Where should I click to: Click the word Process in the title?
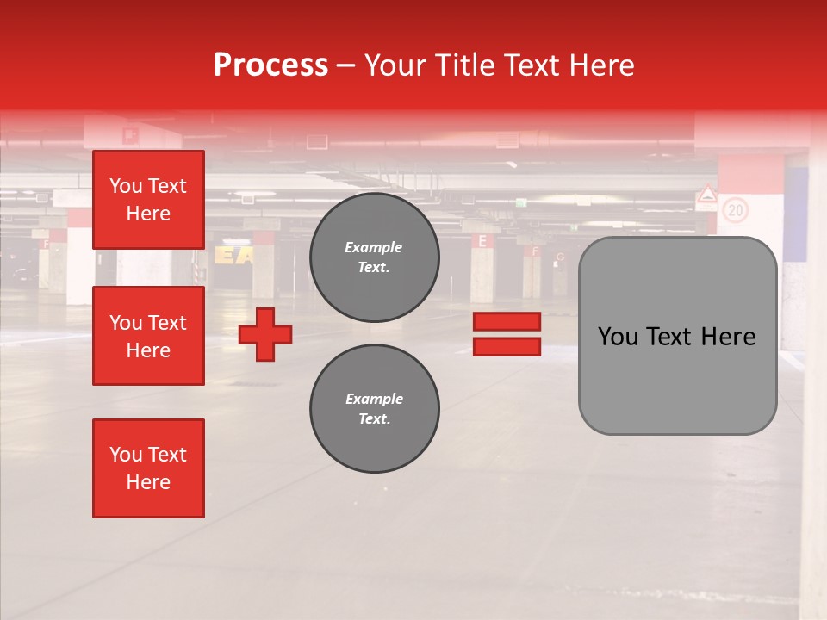click(270, 65)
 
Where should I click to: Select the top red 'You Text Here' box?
click(148, 200)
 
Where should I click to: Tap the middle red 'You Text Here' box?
click(148, 336)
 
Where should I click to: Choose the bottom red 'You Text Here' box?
click(148, 468)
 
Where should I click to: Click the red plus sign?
click(265, 334)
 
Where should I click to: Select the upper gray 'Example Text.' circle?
click(374, 257)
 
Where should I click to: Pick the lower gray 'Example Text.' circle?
click(374, 408)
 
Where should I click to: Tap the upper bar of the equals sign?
click(507, 321)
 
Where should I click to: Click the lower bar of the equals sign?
click(507, 347)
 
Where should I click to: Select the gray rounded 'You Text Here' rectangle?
click(677, 336)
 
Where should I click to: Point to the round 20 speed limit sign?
click(735, 209)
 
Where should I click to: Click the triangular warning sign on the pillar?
click(707, 195)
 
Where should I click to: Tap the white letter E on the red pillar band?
click(482, 241)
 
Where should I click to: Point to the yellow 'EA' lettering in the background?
click(233, 255)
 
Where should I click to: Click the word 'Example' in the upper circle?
click(374, 247)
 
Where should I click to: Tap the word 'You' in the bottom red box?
click(126, 455)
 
